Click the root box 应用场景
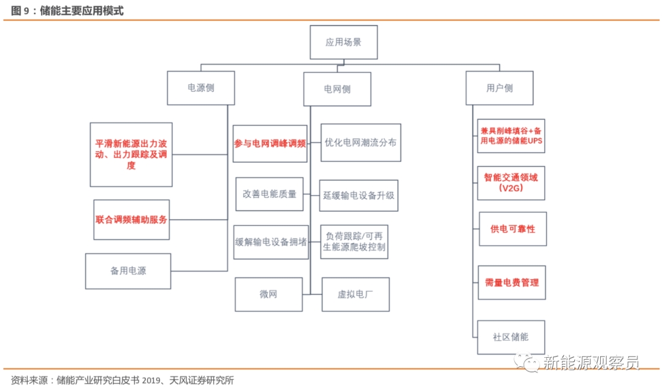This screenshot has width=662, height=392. [344, 42]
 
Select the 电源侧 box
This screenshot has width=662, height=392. [201, 88]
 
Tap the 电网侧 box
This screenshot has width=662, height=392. [337, 89]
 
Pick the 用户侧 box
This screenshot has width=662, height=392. [500, 88]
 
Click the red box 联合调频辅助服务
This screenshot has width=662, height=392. [131, 220]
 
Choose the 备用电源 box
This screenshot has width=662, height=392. [128, 271]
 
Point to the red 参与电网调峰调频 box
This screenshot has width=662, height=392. [270, 143]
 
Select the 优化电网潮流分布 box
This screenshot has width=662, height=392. [361, 143]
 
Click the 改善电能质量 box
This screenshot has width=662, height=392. [269, 194]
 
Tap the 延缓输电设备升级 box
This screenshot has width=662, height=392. [359, 195]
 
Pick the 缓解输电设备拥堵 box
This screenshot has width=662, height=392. [271, 242]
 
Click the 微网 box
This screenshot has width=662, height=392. [268, 295]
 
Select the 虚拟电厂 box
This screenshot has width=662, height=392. [356, 295]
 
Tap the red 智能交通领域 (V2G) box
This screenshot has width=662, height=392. [511, 183]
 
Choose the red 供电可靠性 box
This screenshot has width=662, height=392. [512, 229]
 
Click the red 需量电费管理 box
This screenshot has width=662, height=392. [512, 283]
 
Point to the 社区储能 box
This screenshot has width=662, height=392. [511, 337]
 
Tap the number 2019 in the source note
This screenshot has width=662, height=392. [151, 380]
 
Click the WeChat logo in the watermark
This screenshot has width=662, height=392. [527, 363]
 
